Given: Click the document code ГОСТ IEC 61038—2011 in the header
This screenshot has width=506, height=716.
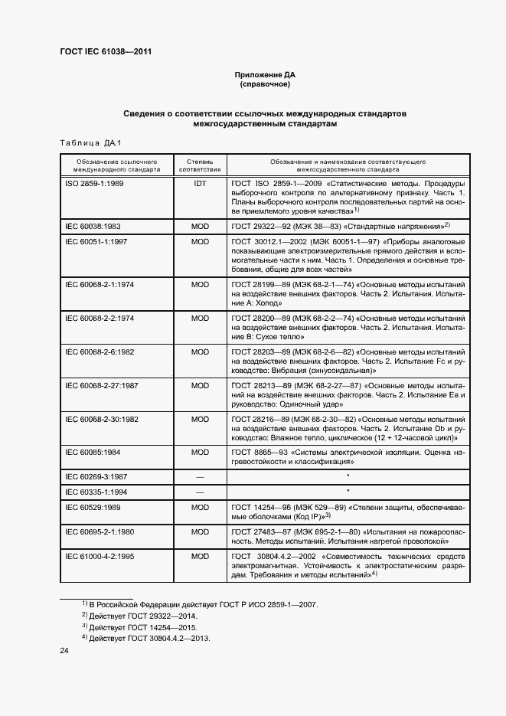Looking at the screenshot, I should tap(110, 52).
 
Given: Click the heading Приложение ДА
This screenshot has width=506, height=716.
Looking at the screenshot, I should tap(264, 74).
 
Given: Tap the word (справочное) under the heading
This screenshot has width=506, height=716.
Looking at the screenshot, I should tap(264, 84).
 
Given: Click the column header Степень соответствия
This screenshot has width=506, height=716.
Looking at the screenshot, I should tap(200, 166).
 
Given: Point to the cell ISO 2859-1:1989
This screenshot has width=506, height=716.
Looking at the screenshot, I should tap(94, 185).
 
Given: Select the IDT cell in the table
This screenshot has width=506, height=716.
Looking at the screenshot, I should tap(200, 185).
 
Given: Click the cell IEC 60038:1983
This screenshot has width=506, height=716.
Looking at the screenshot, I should tap(93, 226).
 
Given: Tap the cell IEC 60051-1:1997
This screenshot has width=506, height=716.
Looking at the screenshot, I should tap(96, 241).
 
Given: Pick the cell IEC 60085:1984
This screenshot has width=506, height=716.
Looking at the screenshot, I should tap(93, 452).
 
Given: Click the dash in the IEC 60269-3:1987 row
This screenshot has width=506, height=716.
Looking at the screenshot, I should tap(200, 477).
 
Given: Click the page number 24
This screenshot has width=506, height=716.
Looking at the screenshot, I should tap(64, 651).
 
